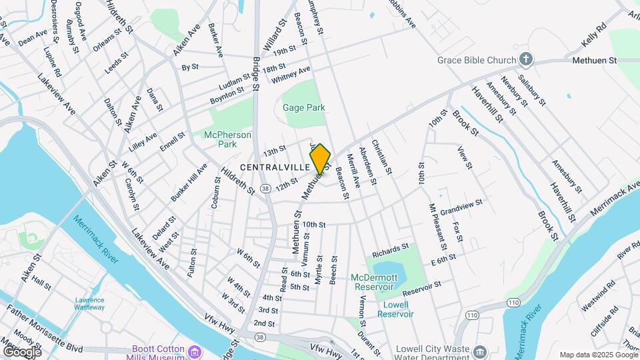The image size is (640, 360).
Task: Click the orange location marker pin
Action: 320,159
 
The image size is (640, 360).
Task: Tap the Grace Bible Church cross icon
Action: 526,60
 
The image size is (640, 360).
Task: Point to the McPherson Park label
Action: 227,139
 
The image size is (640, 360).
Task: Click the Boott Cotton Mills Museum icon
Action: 195,351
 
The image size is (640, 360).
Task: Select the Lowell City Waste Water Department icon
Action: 479,351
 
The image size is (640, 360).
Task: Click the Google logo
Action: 22,351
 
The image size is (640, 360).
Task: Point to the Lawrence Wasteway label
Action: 89,304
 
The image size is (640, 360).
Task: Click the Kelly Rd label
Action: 593,34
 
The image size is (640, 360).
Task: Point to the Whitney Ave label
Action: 291,75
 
